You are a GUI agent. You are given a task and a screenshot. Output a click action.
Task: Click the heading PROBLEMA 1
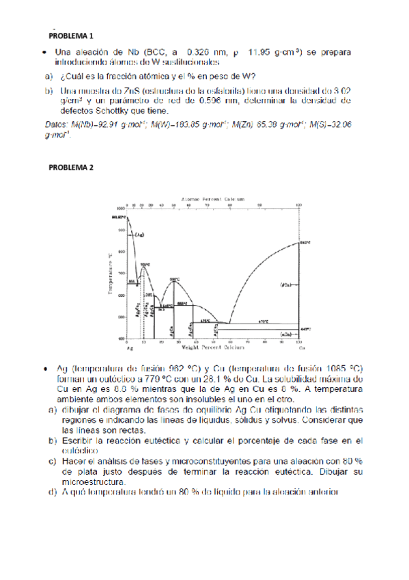pos(71,35)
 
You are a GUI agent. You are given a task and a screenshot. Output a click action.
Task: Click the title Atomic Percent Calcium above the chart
pos(212,198)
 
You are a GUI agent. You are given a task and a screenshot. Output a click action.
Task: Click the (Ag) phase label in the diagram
pos(139,235)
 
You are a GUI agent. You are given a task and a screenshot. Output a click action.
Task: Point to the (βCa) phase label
pos(285,284)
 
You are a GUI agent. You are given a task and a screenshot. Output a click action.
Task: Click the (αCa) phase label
pos(285,333)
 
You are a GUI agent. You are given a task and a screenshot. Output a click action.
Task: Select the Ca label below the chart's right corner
pos(298,348)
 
